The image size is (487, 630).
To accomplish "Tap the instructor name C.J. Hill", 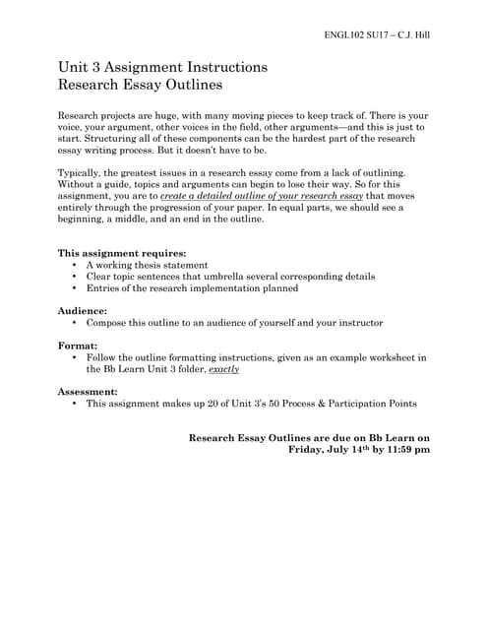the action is [x=410, y=34].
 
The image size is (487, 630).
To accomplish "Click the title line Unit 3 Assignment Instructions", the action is [x=163, y=67].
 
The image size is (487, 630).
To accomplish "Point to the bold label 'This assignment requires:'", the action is [x=121, y=253].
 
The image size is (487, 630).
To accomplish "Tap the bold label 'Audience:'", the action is [x=82, y=310].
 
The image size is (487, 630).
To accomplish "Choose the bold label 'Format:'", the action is [x=78, y=346].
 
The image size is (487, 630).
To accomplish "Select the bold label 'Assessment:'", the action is [x=89, y=391].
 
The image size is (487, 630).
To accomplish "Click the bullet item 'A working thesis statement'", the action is [x=147, y=266].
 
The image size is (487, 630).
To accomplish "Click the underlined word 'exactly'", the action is [x=223, y=369].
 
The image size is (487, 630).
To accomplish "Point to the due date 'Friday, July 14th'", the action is [x=331, y=449].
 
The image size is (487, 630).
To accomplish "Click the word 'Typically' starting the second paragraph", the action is [x=83, y=172].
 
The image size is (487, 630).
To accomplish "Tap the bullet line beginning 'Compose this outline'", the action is [x=234, y=323].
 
